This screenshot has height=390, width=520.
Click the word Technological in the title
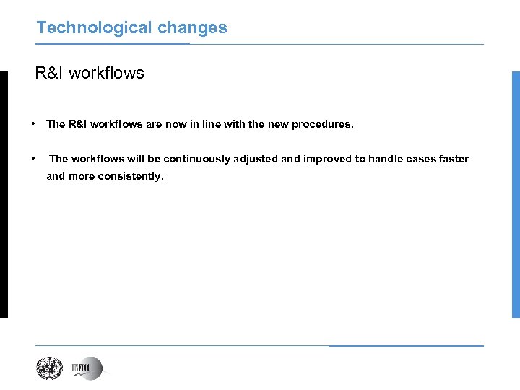pos(83,28)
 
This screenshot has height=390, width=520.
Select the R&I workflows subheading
pos(90,73)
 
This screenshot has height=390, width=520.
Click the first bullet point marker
pos(34,123)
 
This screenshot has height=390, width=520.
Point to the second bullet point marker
pos(34,158)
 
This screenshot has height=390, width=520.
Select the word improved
pos(327,159)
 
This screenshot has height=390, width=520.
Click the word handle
pos(385,159)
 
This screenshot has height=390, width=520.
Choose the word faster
pos(454,159)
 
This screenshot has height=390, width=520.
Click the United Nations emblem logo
pos(51,368)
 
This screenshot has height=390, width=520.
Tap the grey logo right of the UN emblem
pos(87,368)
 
